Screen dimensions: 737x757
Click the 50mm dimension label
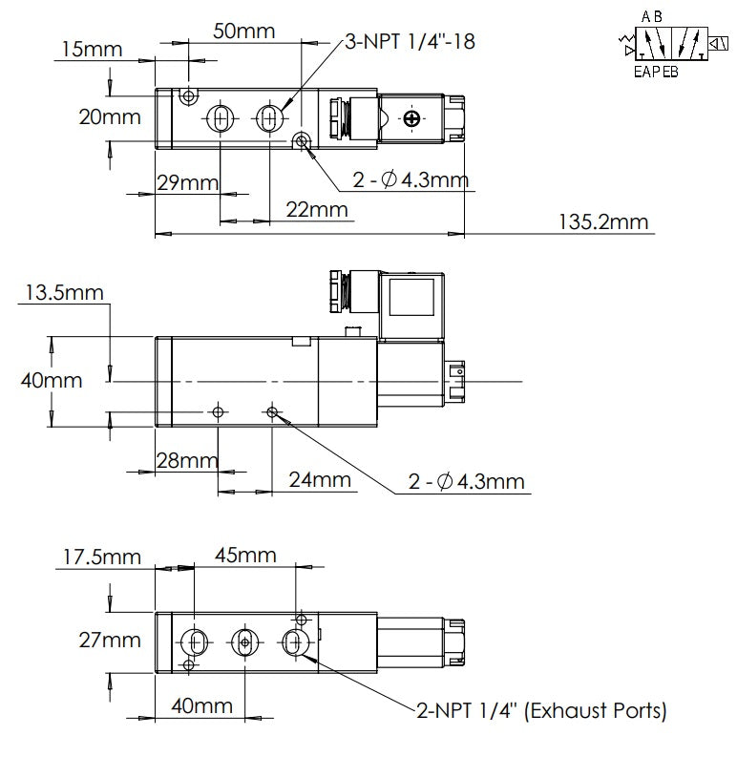coord(243,32)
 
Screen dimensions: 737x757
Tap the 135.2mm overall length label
coord(603,222)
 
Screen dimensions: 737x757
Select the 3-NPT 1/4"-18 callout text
coord(411,41)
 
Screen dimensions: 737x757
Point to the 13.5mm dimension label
coord(64,292)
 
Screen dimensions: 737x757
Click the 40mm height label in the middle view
coord(52,381)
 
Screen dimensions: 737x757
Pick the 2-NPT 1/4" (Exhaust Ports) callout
coord(541,710)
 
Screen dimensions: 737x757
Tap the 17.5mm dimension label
coord(102,557)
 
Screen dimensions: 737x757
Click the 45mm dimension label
coord(245,556)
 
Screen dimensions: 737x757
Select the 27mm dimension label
coord(110,641)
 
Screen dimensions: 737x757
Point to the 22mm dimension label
coord(317,209)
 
